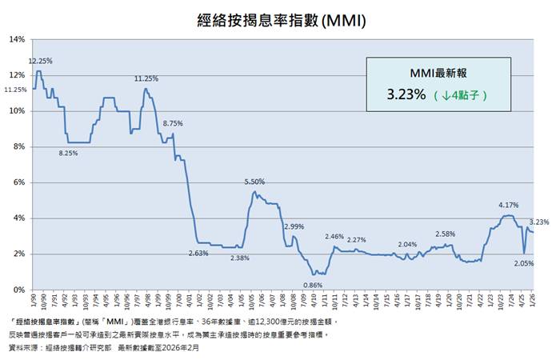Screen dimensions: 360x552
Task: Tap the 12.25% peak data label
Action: [x=41, y=61]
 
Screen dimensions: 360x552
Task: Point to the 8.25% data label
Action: [x=68, y=153]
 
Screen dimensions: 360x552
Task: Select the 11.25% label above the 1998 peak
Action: [x=146, y=78]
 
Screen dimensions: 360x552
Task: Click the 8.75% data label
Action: [x=173, y=123]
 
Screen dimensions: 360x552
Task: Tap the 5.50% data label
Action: [x=254, y=182]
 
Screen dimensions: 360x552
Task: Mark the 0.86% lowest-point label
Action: [x=314, y=285]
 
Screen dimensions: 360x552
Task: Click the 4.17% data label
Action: [x=508, y=206]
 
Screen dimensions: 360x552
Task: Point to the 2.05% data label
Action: [x=523, y=262]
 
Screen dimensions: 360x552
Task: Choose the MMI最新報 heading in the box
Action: [x=437, y=72]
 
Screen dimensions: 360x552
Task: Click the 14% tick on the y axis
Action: [x=18, y=38]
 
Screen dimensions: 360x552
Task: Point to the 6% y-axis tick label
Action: [x=20, y=182]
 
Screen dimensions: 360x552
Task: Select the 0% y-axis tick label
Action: [x=20, y=290]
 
